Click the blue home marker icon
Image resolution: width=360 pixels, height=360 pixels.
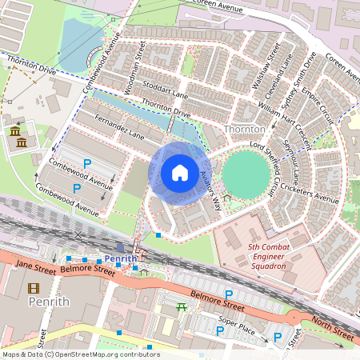coord(180,173)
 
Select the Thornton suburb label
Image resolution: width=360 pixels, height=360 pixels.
coord(245,129)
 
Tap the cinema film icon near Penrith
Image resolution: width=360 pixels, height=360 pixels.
coord(34,288)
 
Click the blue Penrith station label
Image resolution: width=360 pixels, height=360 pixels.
coord(121,259)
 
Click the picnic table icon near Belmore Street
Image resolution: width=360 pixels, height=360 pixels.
coord(182,307)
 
